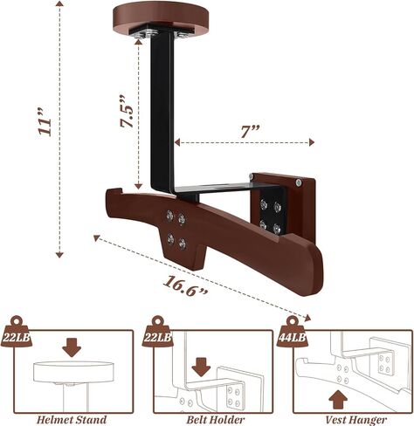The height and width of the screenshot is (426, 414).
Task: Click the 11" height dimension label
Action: coord(45,123)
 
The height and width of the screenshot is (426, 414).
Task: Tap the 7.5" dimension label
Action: coord(128,112)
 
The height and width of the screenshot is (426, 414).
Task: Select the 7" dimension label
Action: coord(250,132)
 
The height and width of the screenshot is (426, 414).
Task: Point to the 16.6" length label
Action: coord(185,286)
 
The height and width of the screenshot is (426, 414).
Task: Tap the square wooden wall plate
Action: coord(297,203)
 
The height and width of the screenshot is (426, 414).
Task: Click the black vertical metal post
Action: coord(162,112)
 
